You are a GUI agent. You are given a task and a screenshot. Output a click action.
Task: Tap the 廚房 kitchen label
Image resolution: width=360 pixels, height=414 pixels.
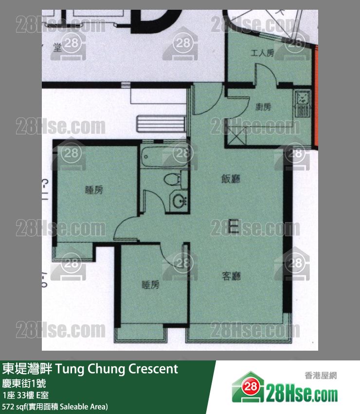tap(263, 107)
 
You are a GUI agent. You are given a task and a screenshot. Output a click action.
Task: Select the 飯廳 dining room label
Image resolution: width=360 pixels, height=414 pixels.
tap(231, 179)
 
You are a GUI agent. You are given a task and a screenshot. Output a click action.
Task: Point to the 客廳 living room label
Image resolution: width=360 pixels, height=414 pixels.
tap(232, 276)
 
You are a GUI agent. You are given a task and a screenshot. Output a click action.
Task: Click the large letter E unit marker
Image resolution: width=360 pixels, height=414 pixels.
tap(233, 226)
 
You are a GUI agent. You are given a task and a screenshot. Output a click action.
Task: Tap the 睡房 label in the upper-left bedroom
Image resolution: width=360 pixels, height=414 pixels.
tap(94, 190)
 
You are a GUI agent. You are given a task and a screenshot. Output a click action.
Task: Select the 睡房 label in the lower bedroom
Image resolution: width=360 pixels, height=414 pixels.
tap(150, 285)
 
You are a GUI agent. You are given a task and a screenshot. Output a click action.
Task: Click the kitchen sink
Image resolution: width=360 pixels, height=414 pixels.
tap(303, 99)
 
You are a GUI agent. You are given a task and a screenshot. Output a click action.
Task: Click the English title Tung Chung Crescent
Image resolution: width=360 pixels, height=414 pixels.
tap(117, 369)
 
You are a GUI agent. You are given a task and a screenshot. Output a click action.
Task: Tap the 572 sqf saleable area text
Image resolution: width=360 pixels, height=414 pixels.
tap(55, 406)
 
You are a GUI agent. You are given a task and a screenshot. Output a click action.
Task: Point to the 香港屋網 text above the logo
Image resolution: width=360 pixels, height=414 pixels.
tap(321, 376)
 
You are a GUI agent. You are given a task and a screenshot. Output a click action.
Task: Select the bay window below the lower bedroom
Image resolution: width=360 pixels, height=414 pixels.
tap(140, 335)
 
